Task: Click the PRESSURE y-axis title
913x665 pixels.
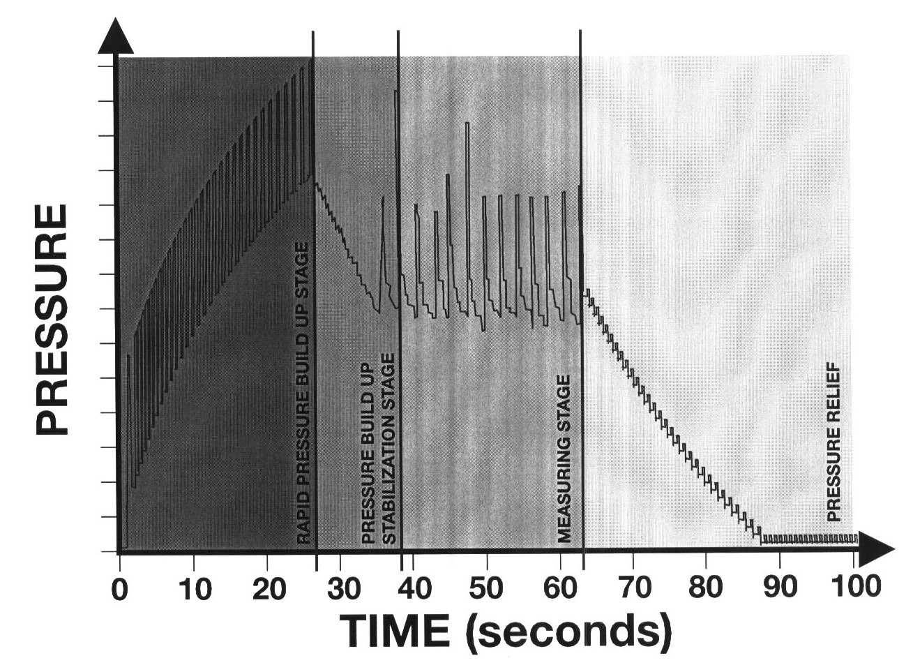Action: [53, 319]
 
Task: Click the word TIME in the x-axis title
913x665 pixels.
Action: [395, 632]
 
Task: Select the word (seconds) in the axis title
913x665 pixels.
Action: [571, 632]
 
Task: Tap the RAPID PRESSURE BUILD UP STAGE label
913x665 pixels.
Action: [303, 394]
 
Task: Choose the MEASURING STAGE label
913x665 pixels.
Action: [565, 458]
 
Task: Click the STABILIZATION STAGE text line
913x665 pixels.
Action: [390, 449]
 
